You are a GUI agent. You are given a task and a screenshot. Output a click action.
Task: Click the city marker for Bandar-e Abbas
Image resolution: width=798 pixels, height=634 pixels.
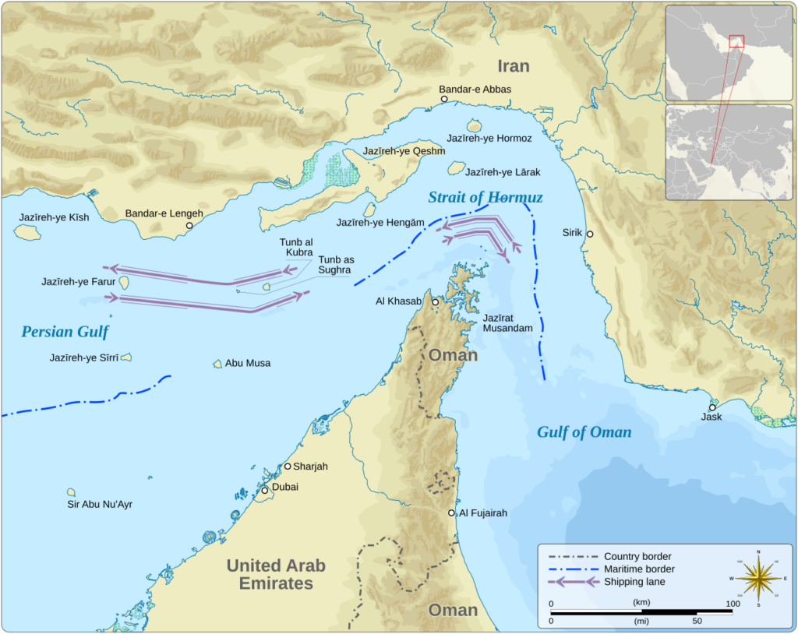pos(444,100)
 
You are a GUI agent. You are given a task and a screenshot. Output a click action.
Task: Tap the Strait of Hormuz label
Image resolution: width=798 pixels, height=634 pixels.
pos(485,198)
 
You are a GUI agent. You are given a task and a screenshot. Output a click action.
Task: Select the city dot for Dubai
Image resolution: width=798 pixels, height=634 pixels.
pos(265,491)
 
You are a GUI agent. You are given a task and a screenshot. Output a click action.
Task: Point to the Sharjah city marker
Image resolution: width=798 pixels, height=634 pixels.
pos(287,467)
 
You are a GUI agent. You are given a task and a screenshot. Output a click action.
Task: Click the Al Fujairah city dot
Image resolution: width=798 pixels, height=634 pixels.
pos(451,513)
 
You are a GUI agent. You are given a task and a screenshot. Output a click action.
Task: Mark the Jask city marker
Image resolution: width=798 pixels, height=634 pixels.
pos(711,407)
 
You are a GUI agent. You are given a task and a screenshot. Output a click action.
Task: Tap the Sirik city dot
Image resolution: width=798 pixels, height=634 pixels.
pos(590,234)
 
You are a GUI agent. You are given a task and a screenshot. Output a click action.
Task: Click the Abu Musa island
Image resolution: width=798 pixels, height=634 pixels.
pos(217,364)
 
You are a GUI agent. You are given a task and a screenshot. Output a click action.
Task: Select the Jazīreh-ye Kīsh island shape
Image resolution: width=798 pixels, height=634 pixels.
pos(28,232)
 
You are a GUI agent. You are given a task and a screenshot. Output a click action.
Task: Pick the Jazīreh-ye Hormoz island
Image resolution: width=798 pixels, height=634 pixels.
pos(474,125)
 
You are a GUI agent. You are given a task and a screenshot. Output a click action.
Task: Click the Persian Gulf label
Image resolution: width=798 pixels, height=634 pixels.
pos(65,333)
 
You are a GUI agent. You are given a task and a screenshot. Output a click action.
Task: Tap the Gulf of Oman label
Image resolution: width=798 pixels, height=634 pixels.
pos(584,432)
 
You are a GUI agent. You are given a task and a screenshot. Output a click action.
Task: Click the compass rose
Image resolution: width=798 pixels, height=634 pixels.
pos(758,579)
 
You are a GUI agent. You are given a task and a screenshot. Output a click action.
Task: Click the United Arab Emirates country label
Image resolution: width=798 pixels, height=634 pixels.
pos(276,575)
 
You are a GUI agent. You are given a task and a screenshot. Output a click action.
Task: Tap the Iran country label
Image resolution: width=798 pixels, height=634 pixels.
pos(514,66)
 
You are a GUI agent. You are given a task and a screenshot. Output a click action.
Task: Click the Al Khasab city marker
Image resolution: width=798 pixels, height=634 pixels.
pos(435,301)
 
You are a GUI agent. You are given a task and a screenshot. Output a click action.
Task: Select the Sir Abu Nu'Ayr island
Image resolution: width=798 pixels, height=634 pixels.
pos(71,492)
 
